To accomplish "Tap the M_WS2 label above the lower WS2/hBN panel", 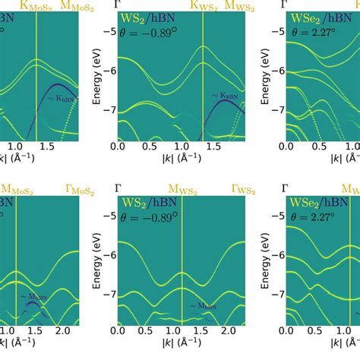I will (182, 188).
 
